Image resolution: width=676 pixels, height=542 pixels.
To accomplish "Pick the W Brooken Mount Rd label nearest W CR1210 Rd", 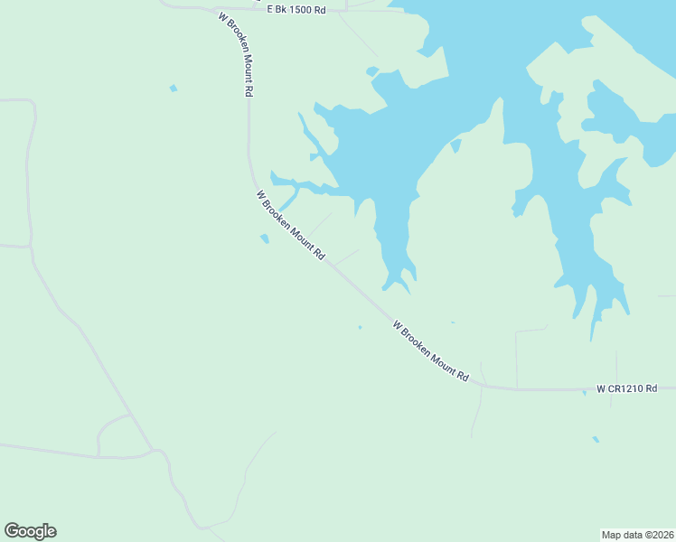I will click(432, 350).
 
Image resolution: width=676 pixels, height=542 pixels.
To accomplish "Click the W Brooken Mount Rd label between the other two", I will click(290, 225).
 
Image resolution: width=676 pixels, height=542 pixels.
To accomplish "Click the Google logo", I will click(30, 531).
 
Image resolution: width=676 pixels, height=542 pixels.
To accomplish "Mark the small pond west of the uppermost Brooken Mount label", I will click(173, 88).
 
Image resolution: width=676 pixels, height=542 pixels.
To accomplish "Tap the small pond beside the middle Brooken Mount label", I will click(264, 239).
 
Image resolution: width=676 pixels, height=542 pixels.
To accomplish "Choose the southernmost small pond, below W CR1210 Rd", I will click(595, 440).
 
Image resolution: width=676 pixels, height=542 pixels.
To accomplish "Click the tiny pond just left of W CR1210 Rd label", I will click(584, 392).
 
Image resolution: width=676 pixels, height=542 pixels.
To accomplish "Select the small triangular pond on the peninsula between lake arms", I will click(455, 145).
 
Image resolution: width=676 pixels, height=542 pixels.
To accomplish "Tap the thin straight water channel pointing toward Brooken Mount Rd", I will click(288, 198).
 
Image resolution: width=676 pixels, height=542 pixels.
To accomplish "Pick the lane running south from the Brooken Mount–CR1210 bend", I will click(476, 411).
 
